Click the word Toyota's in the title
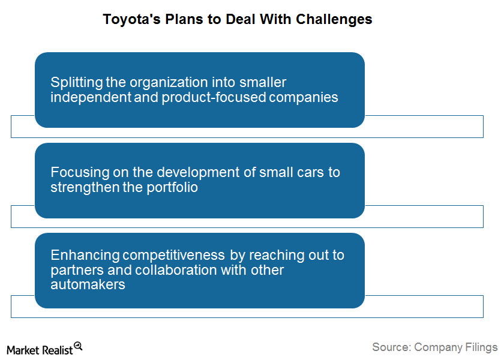coord(131,20)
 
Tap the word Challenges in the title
coord(334,20)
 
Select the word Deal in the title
coord(241,19)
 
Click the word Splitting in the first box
coord(77,83)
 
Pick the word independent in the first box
coord(91,97)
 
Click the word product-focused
coord(214,97)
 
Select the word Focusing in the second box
coord(80,173)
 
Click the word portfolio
coord(172,187)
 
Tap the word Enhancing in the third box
coord(85,256)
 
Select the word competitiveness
coord(173,256)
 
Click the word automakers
coord(88,285)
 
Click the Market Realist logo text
coord(40,350)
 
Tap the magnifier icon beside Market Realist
coord(78,346)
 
